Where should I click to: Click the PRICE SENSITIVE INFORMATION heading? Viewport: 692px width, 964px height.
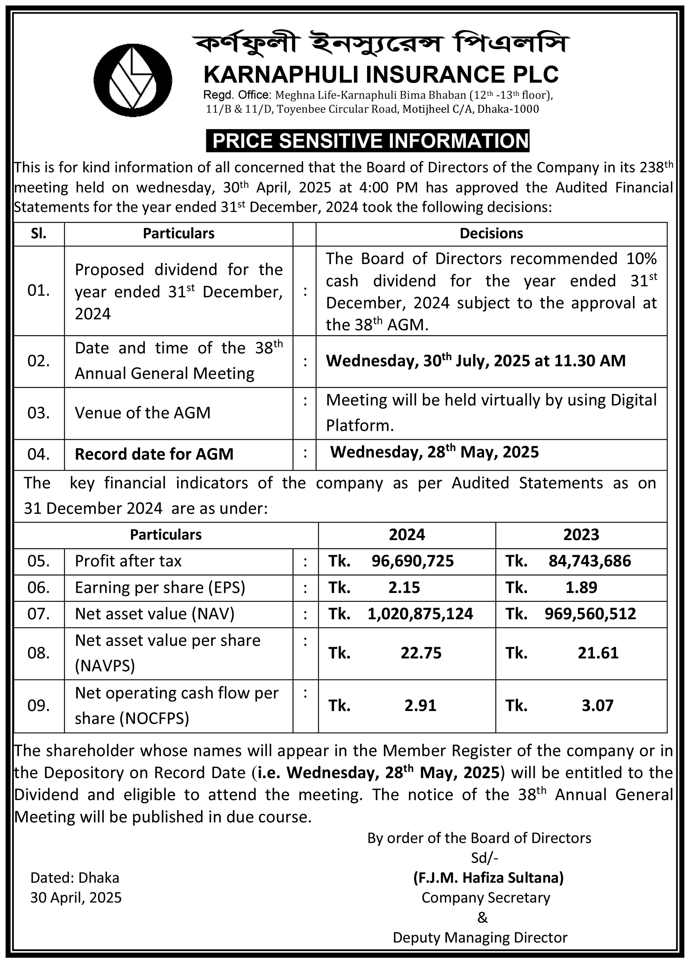coord(368,141)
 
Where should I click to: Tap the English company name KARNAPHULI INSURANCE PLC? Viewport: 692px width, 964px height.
coord(381,74)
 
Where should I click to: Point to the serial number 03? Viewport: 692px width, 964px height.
coord(39,413)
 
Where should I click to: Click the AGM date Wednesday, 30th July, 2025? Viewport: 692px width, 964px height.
coord(475,361)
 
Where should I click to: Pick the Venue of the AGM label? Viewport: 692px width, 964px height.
coord(143,413)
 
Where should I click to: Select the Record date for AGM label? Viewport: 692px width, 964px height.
coord(154,454)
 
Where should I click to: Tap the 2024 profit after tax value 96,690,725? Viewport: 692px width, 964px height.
coord(412,561)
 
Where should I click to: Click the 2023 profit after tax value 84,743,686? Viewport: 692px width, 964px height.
coord(590,561)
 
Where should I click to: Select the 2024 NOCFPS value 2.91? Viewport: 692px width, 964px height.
coord(420,706)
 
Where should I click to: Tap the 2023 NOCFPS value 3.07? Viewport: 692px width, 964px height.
coord(598,706)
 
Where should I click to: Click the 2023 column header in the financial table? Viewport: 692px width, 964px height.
coord(581,534)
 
